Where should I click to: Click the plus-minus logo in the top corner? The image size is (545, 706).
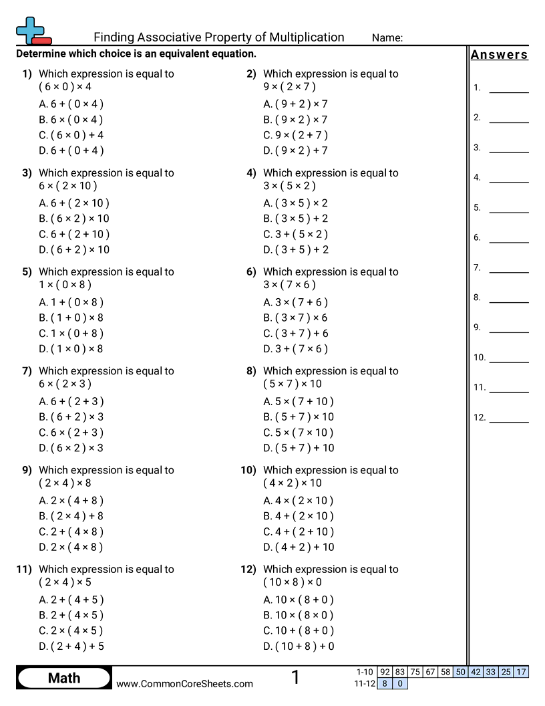click(32, 30)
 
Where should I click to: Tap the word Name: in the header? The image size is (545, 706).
click(387, 38)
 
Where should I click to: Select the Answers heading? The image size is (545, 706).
click(499, 55)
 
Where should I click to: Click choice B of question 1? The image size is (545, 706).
click(71, 120)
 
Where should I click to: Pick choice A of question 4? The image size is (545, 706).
click(296, 203)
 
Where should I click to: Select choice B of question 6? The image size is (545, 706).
click(296, 318)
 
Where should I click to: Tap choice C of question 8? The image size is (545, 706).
click(299, 433)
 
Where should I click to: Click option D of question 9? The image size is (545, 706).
click(71, 547)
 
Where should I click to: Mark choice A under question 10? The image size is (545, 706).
click(299, 501)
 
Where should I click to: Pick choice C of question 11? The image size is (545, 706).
click(71, 630)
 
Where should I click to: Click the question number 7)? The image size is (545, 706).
click(27, 371)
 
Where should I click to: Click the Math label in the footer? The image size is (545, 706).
click(64, 678)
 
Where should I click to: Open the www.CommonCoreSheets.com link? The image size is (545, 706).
click(184, 683)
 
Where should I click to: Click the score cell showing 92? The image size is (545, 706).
click(384, 672)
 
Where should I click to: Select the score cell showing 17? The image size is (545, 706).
click(522, 672)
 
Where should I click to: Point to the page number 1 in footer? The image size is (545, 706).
click(295, 677)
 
